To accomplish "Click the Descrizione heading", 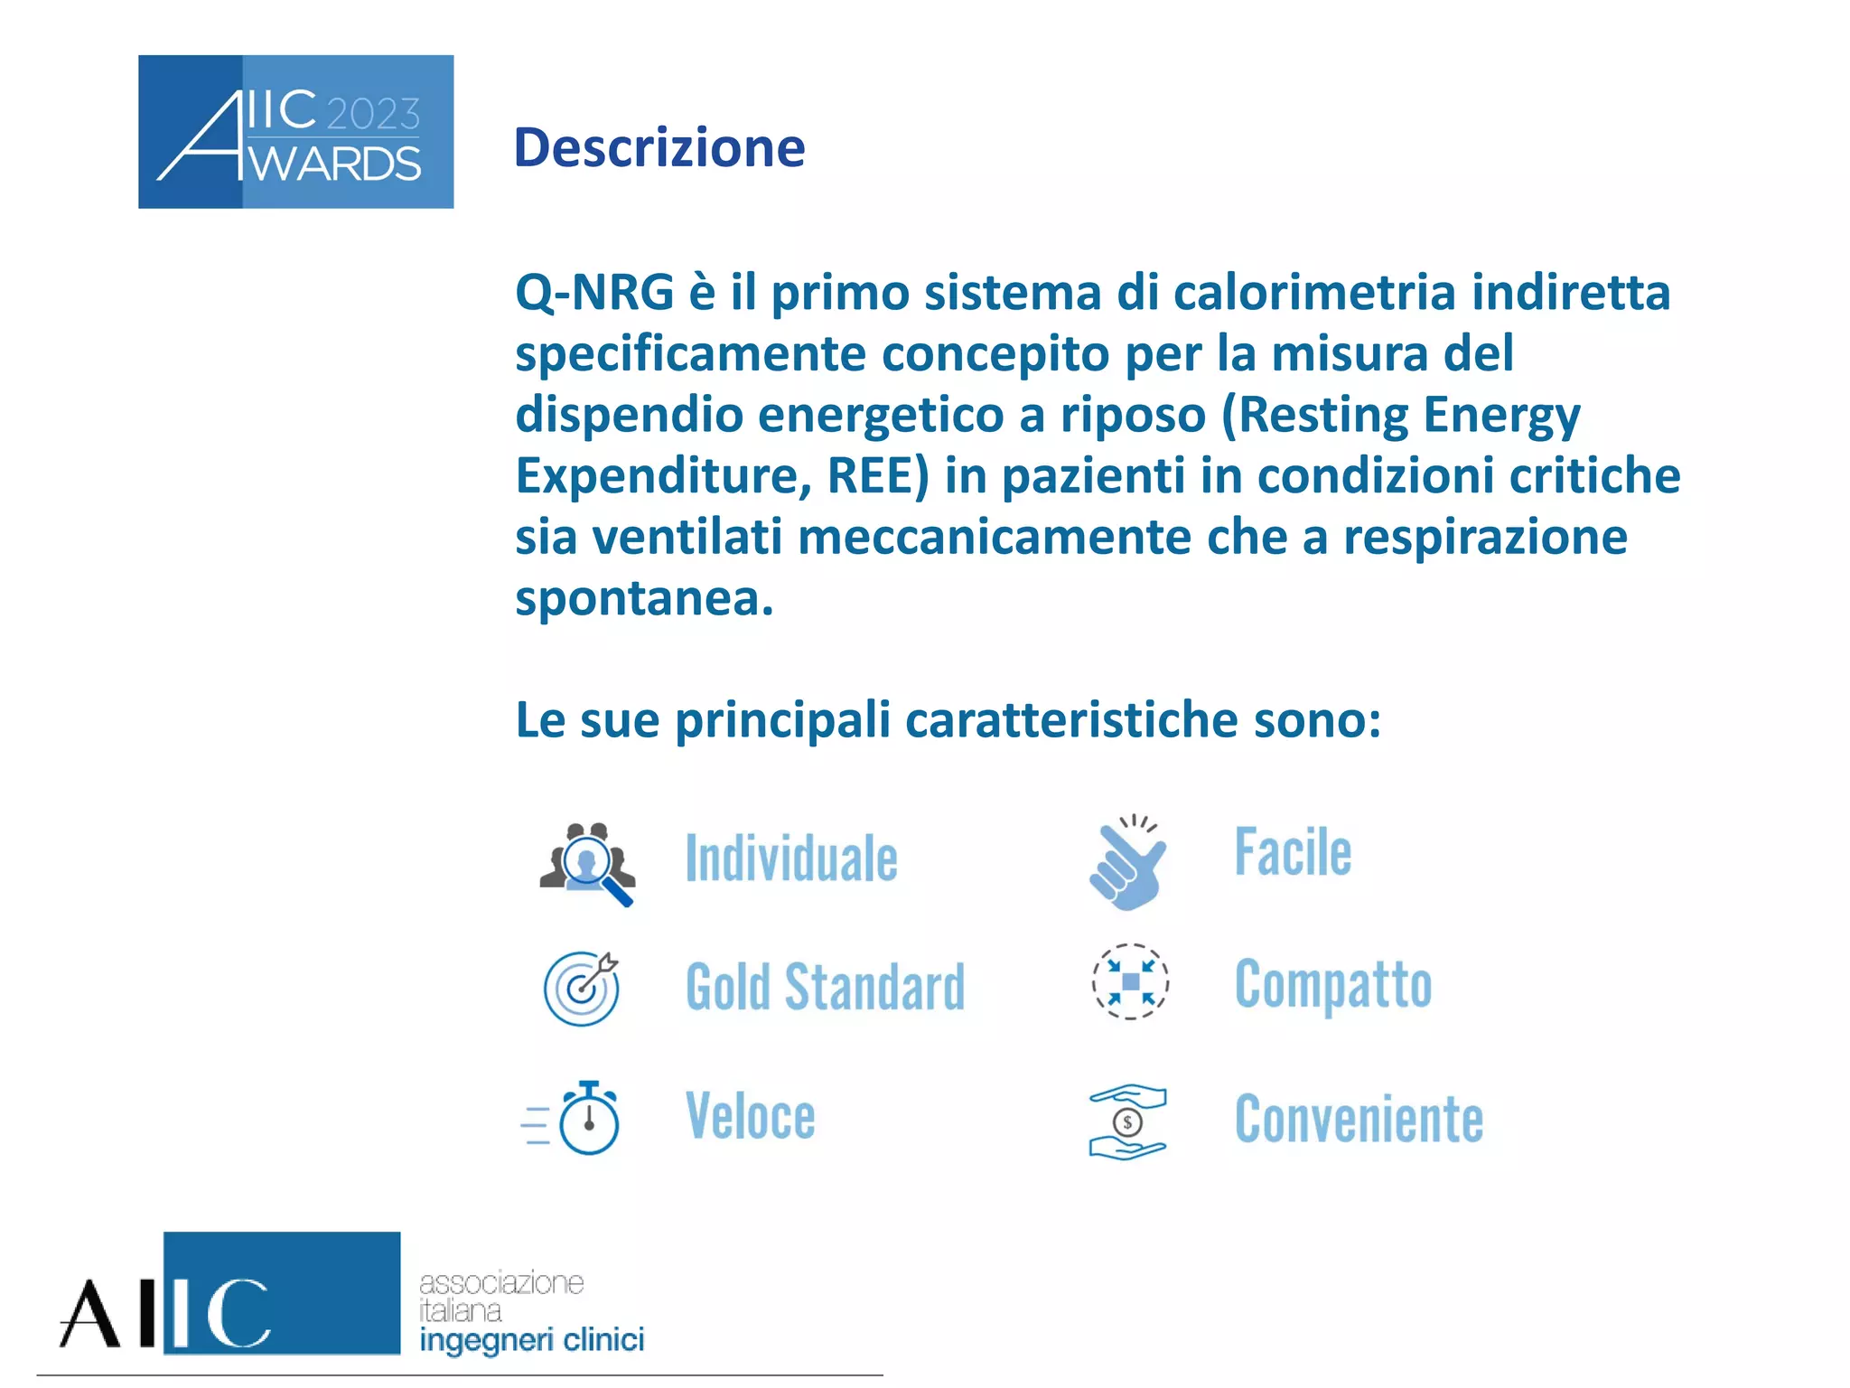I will [659, 148].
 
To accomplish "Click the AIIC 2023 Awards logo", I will [295, 132].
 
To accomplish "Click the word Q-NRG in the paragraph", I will [594, 293].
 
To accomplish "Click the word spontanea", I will [643, 598].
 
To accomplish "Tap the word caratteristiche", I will [1071, 720].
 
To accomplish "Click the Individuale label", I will [791, 858].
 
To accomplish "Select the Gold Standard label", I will [825, 987].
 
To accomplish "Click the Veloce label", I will [750, 1117].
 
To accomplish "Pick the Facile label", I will [1293, 853].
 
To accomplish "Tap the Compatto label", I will [1332, 984].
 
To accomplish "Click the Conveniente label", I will [1359, 1120].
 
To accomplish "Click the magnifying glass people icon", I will [588, 863].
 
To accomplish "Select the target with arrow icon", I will [582, 988].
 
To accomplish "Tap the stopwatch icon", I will [585, 1119].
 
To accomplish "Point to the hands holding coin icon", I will [1127, 1121].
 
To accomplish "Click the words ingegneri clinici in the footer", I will [531, 1340].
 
